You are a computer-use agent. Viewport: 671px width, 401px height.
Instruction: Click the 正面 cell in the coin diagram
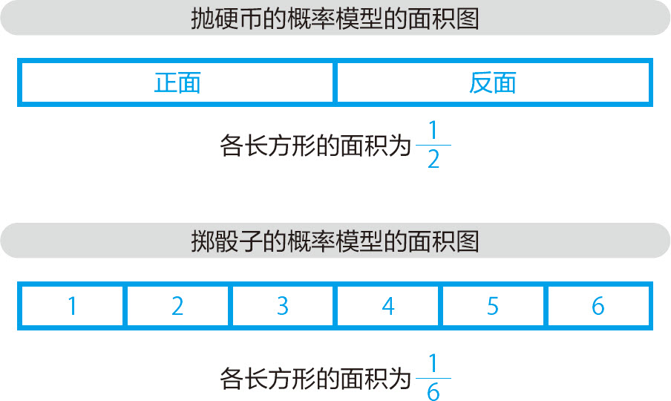tap(177, 82)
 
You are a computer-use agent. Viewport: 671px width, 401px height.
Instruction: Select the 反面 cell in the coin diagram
tap(493, 82)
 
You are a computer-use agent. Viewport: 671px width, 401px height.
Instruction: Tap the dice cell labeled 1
tap(72, 306)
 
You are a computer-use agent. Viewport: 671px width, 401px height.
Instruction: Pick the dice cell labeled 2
tap(177, 306)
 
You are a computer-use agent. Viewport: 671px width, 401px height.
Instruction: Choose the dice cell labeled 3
tap(283, 306)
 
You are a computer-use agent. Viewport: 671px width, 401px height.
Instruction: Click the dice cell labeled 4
tap(388, 306)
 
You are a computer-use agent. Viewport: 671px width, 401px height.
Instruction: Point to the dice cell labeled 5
tap(494, 306)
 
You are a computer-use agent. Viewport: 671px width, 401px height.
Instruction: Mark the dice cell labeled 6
tap(598, 306)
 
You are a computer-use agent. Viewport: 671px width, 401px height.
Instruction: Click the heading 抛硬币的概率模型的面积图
tap(335, 19)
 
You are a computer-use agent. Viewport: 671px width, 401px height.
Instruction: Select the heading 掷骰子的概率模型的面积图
tap(335, 241)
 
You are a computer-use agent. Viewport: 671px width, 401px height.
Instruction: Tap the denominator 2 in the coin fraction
tap(433, 160)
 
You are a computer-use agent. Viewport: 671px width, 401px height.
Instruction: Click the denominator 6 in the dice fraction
tap(433, 390)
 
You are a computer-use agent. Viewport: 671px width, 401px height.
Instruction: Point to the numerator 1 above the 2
tap(433, 132)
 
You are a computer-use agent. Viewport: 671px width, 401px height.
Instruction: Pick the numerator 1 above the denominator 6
tap(433, 363)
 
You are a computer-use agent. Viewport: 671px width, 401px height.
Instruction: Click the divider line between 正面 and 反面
tap(335, 82)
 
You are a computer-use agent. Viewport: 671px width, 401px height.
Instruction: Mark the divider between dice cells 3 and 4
tap(335, 306)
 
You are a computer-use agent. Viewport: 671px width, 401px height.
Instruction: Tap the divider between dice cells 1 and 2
tap(125, 306)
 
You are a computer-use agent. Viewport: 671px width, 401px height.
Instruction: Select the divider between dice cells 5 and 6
tap(546, 306)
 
